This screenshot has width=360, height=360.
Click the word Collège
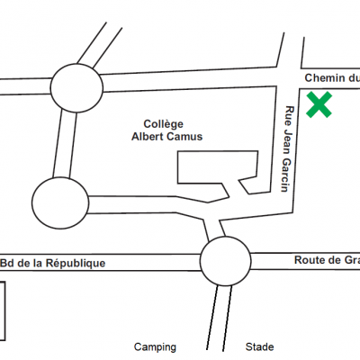163,124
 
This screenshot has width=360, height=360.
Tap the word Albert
148,137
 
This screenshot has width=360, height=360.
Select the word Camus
184,137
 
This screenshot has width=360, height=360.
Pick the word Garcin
285,175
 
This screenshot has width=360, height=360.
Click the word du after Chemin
354,78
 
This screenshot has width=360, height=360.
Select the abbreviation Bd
7,264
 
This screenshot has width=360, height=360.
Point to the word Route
310,260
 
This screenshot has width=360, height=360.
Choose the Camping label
155,347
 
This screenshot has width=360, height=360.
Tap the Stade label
259,346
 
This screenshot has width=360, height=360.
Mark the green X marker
319,104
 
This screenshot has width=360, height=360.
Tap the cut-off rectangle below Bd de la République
5,311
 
